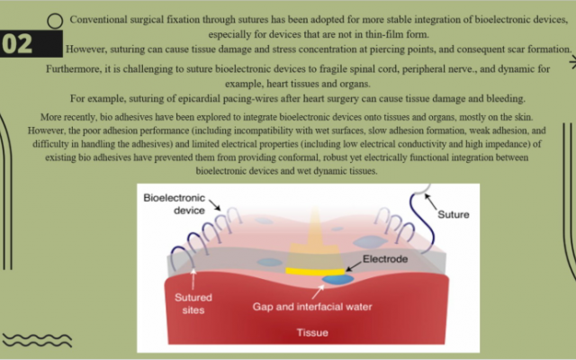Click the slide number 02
click(x=17, y=44)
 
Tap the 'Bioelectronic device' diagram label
click(x=174, y=204)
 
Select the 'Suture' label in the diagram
click(x=454, y=214)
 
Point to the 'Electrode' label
click(x=385, y=259)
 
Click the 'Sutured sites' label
click(x=193, y=303)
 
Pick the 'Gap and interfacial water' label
click(x=312, y=307)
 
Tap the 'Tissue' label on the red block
click(x=312, y=332)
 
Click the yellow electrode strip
click(x=315, y=272)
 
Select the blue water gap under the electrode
click(x=338, y=279)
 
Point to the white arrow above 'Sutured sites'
click(x=193, y=280)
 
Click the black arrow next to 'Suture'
click(x=430, y=202)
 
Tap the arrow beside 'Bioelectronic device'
click(x=215, y=205)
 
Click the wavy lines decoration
click(x=37, y=340)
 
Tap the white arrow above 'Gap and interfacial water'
click(x=318, y=292)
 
